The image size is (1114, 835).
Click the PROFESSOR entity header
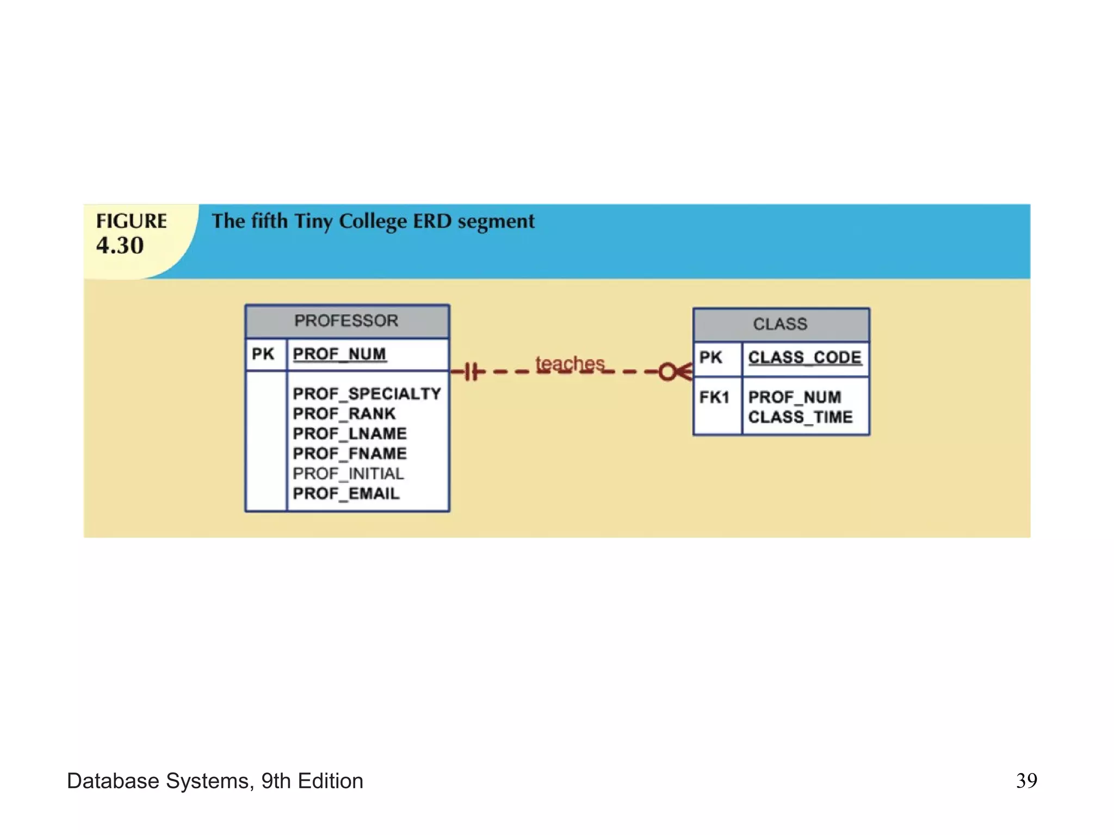(x=346, y=321)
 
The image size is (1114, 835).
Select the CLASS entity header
(x=780, y=324)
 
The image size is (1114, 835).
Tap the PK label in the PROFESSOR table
(x=263, y=354)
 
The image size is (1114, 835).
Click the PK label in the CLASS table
(x=710, y=358)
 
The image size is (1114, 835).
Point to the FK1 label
(x=714, y=397)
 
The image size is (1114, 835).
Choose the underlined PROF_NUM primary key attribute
(x=339, y=354)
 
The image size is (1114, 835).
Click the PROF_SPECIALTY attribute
(x=367, y=394)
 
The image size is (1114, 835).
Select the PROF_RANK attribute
(x=344, y=414)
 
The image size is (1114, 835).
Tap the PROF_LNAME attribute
(x=350, y=434)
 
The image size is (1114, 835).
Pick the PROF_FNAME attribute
(x=350, y=453)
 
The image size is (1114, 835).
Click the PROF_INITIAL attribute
(x=348, y=473)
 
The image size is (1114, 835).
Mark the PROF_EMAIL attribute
(x=346, y=494)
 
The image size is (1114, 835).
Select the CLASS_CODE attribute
(x=804, y=358)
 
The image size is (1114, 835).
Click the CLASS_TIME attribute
(x=800, y=417)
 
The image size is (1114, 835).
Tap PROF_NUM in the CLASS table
(x=795, y=397)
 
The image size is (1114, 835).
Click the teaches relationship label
(x=570, y=363)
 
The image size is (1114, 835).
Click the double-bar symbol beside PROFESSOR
(x=472, y=372)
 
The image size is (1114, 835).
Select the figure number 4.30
(x=120, y=246)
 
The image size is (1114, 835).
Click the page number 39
(x=1026, y=781)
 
